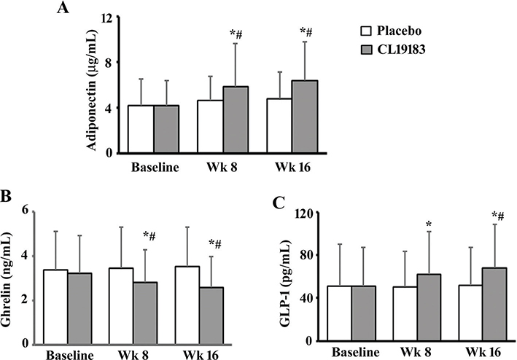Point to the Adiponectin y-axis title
(x=93, y=86)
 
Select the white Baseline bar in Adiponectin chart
(x=141, y=129)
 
